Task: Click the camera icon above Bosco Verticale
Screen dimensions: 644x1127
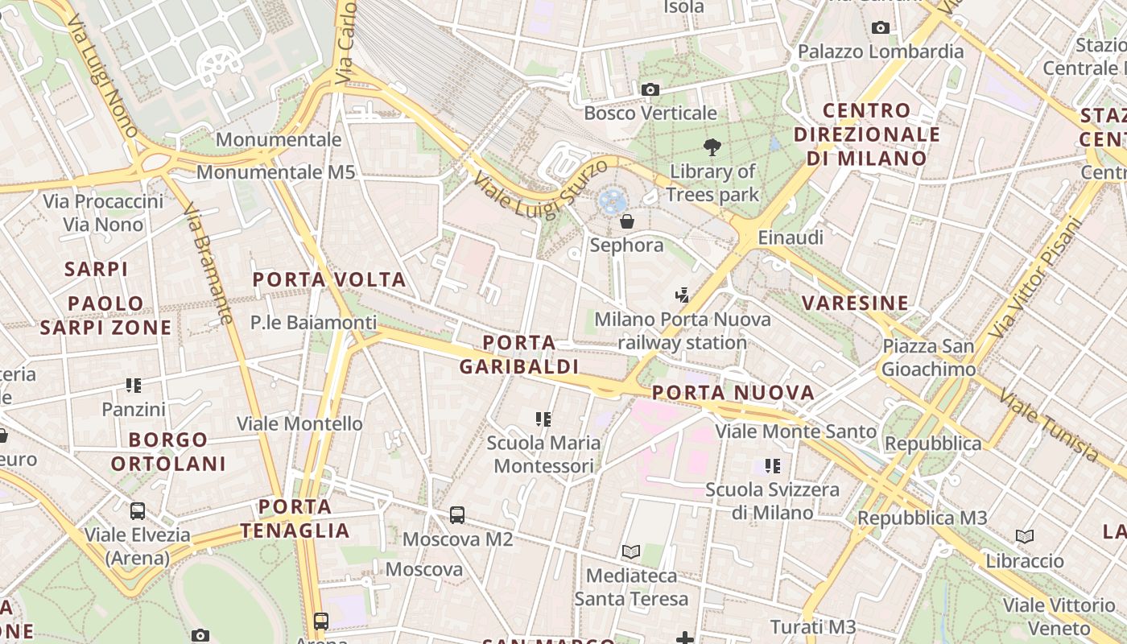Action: [650, 89]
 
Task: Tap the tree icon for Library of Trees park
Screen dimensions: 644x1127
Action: [712, 147]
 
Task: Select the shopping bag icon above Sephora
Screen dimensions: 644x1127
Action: [626, 221]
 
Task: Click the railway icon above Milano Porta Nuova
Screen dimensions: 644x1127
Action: [683, 295]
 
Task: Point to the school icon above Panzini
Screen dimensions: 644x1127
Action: [134, 386]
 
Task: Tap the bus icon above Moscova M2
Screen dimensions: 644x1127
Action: [457, 514]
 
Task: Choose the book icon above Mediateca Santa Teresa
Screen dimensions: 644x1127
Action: [631, 551]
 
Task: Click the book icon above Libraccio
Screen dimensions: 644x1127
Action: [1024, 536]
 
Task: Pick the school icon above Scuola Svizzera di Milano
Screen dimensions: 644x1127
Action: [773, 465]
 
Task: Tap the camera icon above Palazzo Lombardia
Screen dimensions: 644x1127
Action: [881, 28]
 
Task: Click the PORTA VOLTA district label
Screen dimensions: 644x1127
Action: [329, 280]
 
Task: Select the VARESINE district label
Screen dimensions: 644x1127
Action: [855, 303]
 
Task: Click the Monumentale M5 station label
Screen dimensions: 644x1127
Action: [275, 171]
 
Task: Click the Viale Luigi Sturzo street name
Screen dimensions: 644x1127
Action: [540, 192]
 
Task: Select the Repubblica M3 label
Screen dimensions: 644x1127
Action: [922, 518]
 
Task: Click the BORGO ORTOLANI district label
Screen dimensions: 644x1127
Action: [168, 452]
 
